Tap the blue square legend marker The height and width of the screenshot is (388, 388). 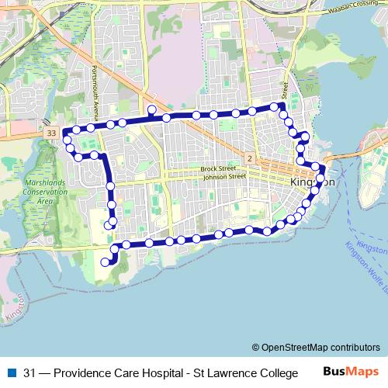(12, 372)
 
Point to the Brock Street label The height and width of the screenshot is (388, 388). (217, 168)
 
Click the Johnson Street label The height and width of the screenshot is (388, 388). (223, 177)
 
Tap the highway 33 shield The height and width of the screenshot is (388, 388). (51, 133)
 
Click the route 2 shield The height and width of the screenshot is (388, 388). (249, 158)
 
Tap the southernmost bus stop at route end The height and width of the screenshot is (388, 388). (106, 262)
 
